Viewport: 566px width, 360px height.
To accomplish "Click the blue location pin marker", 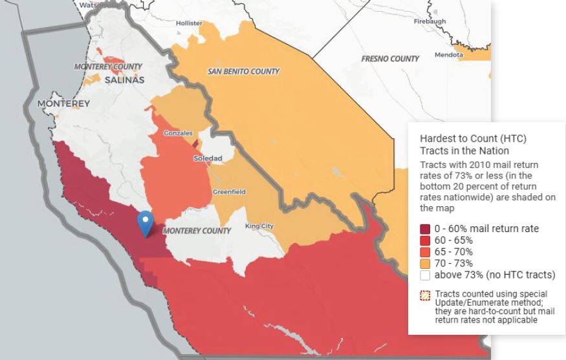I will [146, 223].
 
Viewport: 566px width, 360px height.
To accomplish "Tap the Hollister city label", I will [189, 23].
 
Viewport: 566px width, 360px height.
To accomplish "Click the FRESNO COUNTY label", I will [390, 59].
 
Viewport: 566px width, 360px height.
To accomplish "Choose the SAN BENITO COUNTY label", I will [243, 71].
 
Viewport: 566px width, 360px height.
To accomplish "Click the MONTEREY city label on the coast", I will [63, 103].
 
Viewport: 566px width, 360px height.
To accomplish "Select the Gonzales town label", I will [178, 133].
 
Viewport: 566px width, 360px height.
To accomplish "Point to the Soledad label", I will [208, 158].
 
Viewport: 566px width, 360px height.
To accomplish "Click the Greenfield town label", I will [229, 192].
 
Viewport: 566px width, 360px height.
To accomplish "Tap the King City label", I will [259, 226].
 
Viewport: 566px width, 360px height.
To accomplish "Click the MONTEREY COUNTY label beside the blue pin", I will [197, 231].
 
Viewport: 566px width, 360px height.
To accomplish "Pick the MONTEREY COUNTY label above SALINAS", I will [108, 67].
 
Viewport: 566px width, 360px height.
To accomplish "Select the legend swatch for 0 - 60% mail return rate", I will [425, 229].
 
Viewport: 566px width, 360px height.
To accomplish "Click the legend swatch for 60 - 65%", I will [425, 240].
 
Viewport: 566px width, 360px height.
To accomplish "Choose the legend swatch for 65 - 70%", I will [425, 252].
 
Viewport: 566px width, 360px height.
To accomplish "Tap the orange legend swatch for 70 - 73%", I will [425, 264].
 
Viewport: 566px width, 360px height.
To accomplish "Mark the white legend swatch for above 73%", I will [425, 275].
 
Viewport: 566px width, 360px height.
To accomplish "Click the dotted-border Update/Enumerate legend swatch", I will [425, 295].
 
